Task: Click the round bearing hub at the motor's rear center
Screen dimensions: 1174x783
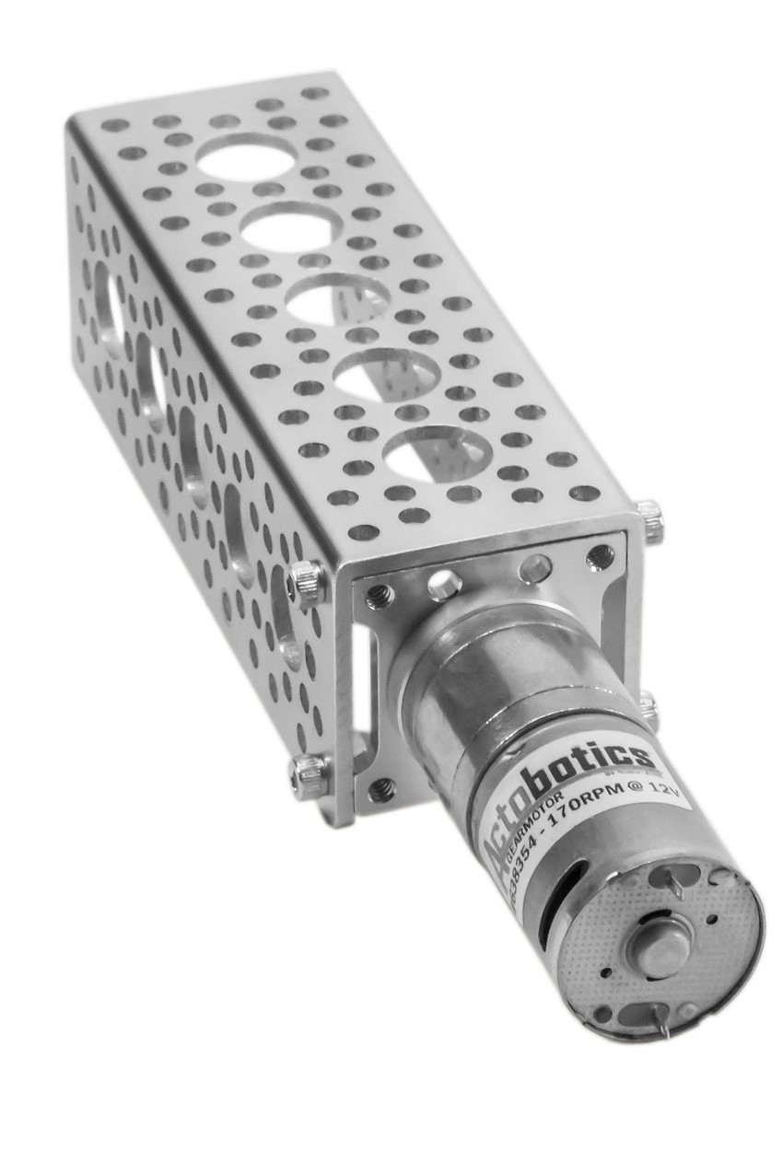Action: pos(662,947)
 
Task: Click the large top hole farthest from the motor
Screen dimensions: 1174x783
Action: pos(247,157)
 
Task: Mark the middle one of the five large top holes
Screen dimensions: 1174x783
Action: pos(335,300)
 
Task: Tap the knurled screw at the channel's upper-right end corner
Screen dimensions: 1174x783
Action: pos(650,521)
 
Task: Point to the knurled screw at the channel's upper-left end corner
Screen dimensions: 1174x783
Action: pos(307,583)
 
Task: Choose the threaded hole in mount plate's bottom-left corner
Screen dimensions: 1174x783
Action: pos(381,788)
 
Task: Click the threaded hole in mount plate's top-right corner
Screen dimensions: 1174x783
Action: pos(600,556)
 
